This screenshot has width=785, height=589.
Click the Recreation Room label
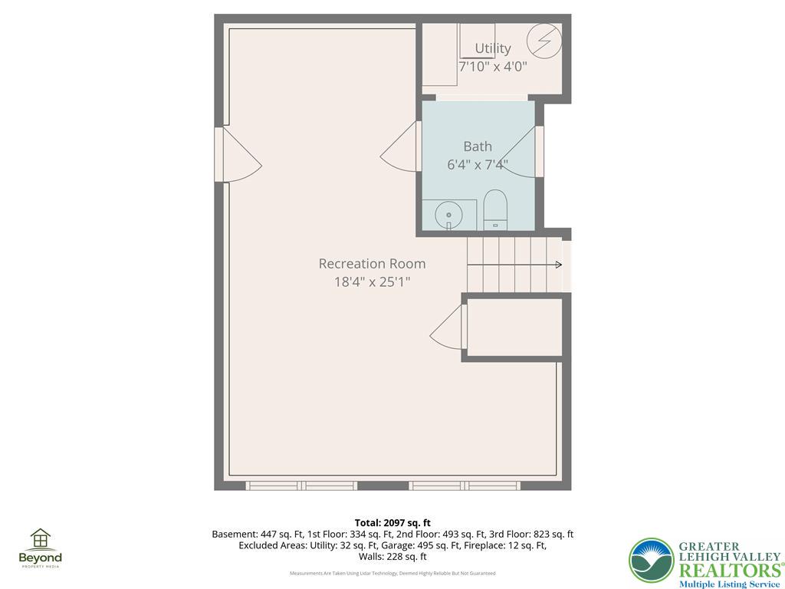[372, 263]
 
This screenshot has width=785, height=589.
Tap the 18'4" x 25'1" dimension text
[372, 281]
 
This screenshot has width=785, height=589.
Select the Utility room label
[492, 48]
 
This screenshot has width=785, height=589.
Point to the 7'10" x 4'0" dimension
[492, 66]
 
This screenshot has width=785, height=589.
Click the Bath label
[478, 146]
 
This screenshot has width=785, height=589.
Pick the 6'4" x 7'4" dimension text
[478, 164]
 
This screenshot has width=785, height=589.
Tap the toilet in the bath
[495, 210]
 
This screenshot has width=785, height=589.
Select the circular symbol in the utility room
[545, 40]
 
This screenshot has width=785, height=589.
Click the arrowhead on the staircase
[558, 265]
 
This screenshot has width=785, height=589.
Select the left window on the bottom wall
[301, 485]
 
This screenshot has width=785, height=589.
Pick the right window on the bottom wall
[465, 485]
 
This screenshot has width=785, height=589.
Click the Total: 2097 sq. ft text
[392, 523]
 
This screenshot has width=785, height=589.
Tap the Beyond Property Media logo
[40, 548]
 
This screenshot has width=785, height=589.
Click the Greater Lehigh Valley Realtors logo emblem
[652, 561]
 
